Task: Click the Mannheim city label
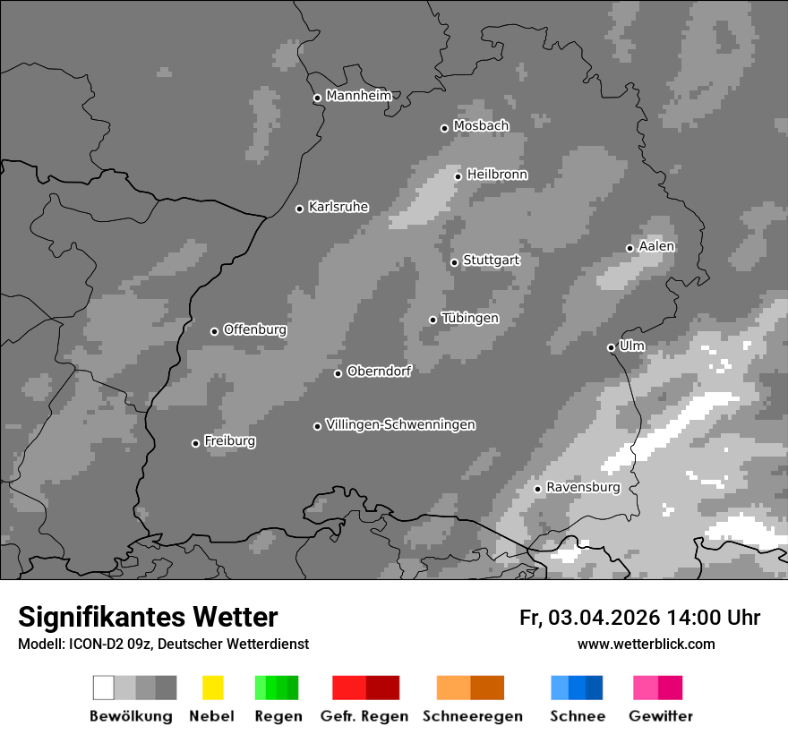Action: pos(359,96)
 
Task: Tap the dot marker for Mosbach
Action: pos(444,128)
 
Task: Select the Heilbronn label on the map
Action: pos(497,175)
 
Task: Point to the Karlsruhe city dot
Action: pos(300,209)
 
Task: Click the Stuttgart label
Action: pos(492,260)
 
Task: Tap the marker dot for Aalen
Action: pos(630,248)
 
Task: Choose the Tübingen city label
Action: pos(470,319)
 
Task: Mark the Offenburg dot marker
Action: pos(214,331)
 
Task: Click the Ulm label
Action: pos(632,346)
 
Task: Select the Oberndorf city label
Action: pos(379,371)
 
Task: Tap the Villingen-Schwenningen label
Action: pos(400,424)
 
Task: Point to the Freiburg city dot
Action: pos(195,443)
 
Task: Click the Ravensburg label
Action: pos(583,487)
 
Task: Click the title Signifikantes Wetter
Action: pos(148,618)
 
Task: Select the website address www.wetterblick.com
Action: pos(646,644)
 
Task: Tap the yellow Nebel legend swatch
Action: pos(212,687)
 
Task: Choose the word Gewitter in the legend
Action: pos(661,716)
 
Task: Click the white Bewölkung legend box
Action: pos(104,687)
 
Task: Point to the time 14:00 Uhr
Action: pos(713,618)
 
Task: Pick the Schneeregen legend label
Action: pos(473,716)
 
